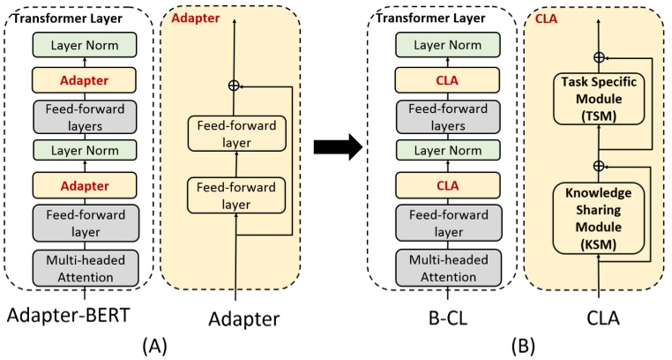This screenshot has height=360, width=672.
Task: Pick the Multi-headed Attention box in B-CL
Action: point(442,266)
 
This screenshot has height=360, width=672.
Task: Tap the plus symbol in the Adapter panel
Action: point(234,86)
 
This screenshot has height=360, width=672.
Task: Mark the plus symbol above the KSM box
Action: point(599,165)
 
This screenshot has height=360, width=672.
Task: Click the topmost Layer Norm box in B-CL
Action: point(442,44)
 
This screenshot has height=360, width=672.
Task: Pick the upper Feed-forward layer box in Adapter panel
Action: point(234,132)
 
